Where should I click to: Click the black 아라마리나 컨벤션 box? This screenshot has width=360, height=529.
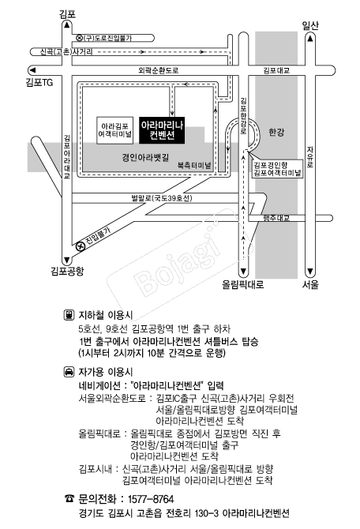point(162,130)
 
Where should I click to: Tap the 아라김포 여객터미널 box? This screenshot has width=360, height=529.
point(114,130)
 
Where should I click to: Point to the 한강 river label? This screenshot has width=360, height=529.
point(276,132)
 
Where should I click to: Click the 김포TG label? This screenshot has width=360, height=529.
point(39,82)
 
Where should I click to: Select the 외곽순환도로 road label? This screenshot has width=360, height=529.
point(159,70)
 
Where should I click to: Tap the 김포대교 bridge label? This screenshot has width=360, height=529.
point(276,70)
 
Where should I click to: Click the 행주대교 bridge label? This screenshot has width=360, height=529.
point(276,218)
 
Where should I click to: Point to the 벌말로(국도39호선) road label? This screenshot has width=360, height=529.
point(162,198)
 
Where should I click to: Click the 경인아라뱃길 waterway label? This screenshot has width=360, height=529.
point(145,157)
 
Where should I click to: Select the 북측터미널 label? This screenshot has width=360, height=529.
point(194,165)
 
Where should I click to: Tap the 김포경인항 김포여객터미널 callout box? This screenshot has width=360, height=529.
point(277,169)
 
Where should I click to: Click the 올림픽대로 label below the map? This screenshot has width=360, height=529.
point(243,284)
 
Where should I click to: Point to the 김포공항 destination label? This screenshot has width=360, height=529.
point(67,271)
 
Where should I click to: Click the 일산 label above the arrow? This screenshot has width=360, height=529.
point(310,25)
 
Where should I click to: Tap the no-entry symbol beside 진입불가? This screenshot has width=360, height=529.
point(81,246)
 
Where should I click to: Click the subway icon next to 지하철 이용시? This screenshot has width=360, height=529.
point(69,315)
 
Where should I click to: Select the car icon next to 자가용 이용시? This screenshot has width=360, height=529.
point(69,372)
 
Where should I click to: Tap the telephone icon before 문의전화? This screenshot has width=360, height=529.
point(69,499)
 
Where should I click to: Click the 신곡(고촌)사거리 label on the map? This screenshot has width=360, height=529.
point(66,51)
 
